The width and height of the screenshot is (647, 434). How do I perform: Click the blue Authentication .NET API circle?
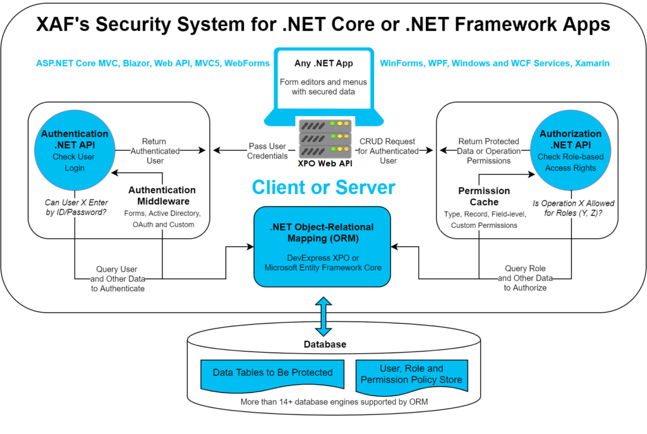point(75,152)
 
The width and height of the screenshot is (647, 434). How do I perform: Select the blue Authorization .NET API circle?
point(571,152)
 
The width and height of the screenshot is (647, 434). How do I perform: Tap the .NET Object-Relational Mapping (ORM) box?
point(323,246)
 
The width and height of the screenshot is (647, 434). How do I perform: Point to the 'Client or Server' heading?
point(323,188)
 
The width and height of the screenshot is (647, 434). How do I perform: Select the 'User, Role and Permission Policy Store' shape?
point(411,374)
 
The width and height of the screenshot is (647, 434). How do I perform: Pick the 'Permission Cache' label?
point(485,196)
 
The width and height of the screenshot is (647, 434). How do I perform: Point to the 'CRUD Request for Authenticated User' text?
point(389,151)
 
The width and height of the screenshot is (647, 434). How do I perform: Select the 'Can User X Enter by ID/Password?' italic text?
point(75,208)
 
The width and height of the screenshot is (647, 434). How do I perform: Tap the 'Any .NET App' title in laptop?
point(323,63)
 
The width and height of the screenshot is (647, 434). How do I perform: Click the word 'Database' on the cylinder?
point(323,344)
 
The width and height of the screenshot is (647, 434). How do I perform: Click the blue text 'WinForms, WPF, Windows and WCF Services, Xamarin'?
point(494,63)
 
